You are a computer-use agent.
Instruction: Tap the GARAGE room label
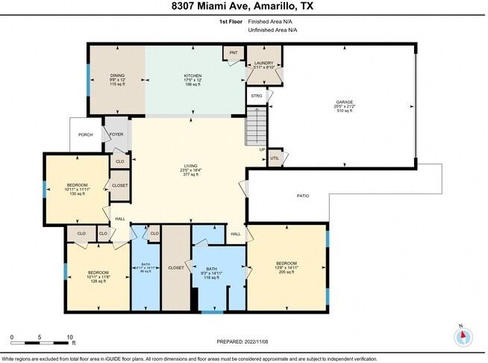point(344,102)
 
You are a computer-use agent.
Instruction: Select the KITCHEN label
point(194,76)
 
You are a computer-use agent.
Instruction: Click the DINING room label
point(118,76)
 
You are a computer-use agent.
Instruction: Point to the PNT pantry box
point(234,52)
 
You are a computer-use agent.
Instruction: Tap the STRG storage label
point(256,96)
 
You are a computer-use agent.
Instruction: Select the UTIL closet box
point(274,158)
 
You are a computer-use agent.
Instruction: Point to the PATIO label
point(302,196)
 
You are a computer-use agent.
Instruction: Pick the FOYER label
point(117,135)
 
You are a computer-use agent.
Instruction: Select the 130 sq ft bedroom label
point(78,185)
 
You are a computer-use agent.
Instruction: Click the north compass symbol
point(463,337)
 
